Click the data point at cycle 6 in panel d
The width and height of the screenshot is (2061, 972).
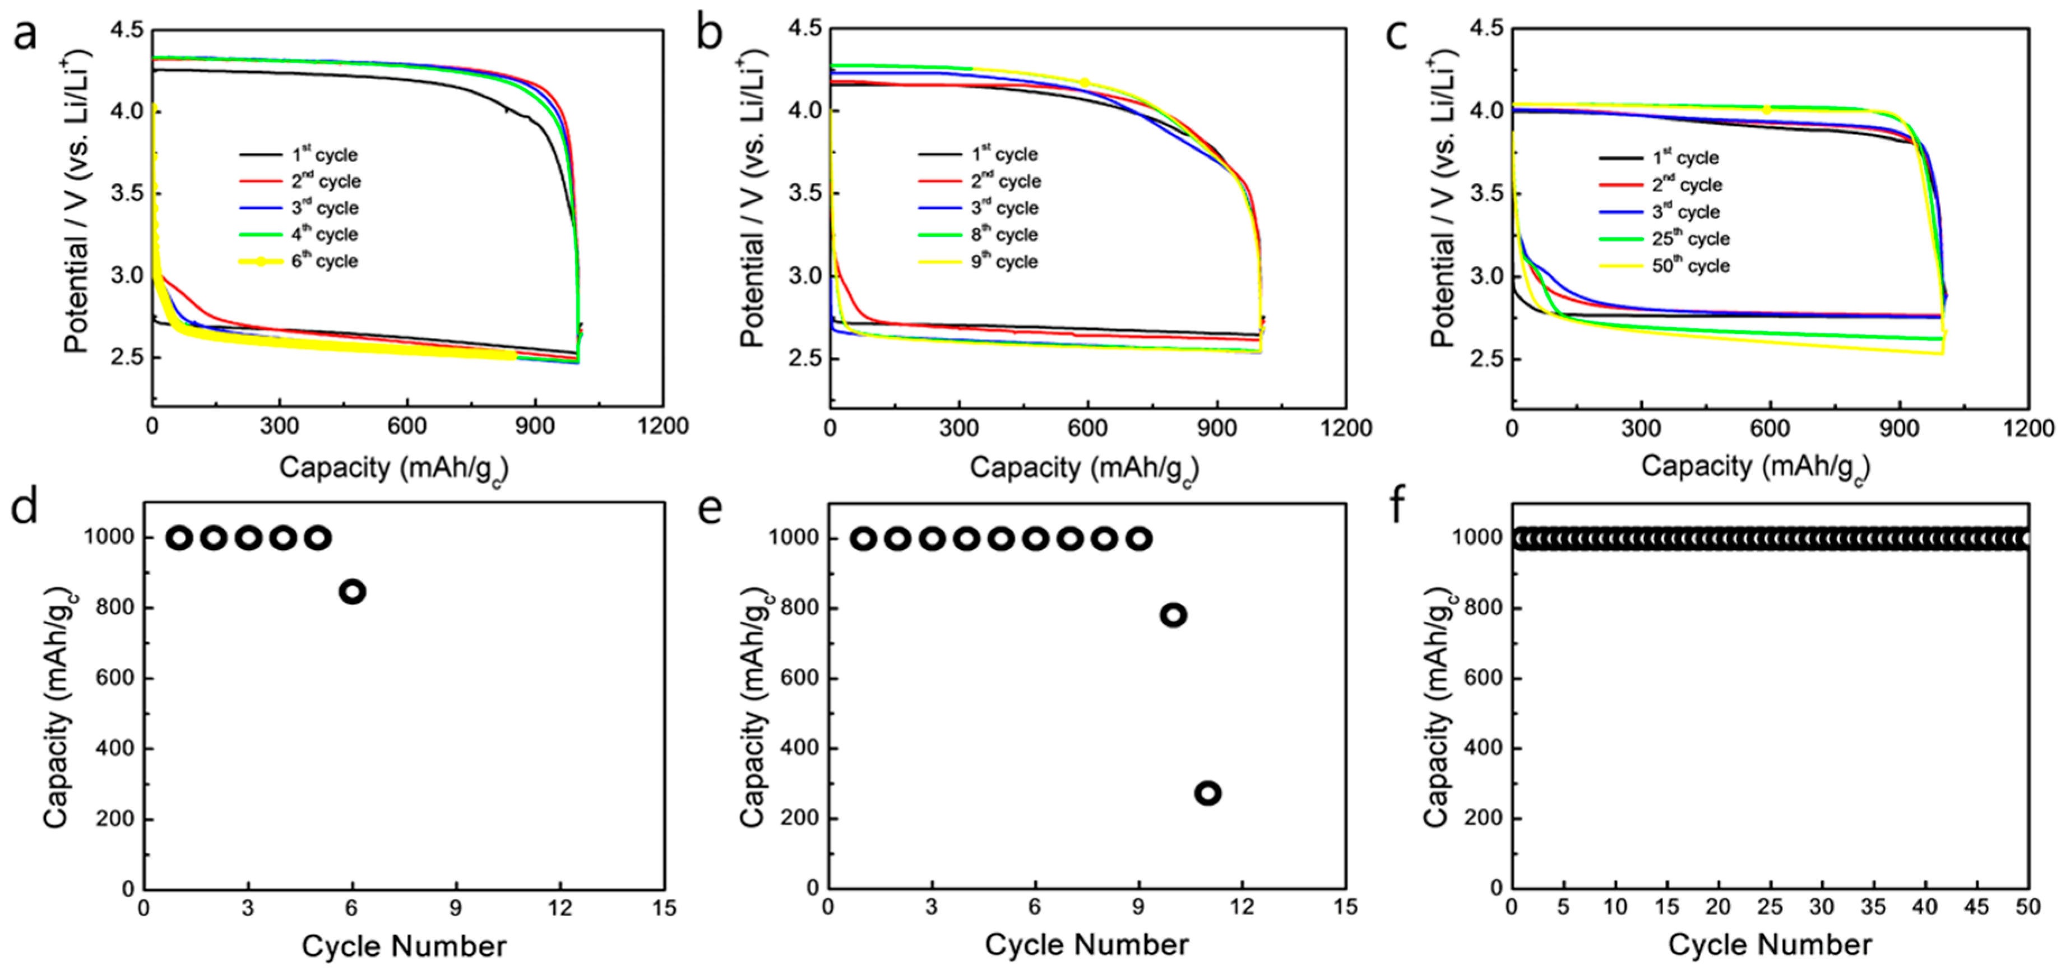353,592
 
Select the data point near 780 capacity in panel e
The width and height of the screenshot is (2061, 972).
1173,615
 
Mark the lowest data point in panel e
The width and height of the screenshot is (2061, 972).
1208,794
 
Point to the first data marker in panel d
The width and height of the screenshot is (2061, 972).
179,538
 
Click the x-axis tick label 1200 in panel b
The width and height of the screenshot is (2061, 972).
1346,428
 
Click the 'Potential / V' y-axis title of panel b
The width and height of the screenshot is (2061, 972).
752,200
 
